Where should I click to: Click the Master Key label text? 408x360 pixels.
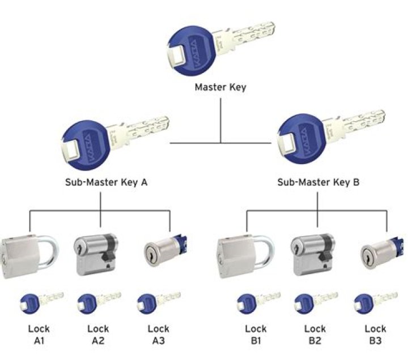click(x=220, y=88)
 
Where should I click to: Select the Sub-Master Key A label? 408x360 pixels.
click(x=101, y=182)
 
